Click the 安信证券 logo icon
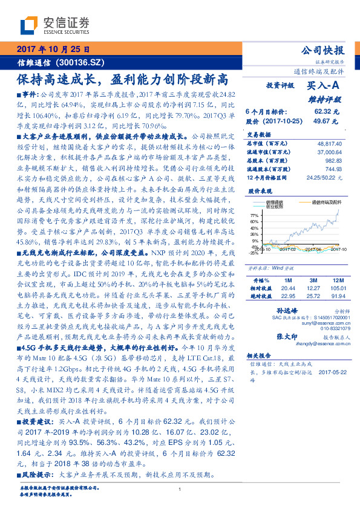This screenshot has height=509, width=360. [x=29, y=25]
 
